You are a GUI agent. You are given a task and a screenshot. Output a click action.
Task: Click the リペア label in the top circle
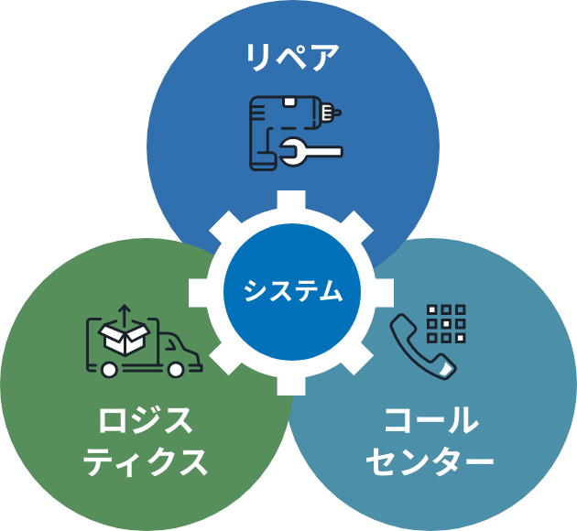[x=292, y=58]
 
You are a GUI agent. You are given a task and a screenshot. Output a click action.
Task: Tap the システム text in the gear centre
[x=292, y=292]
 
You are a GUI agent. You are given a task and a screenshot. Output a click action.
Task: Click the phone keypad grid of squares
[x=446, y=323]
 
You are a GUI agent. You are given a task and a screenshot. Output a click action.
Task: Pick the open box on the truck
[x=125, y=337]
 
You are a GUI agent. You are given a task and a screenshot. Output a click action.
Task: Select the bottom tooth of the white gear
[x=291, y=384]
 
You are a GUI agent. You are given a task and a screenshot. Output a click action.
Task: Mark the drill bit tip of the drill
[x=338, y=114]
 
